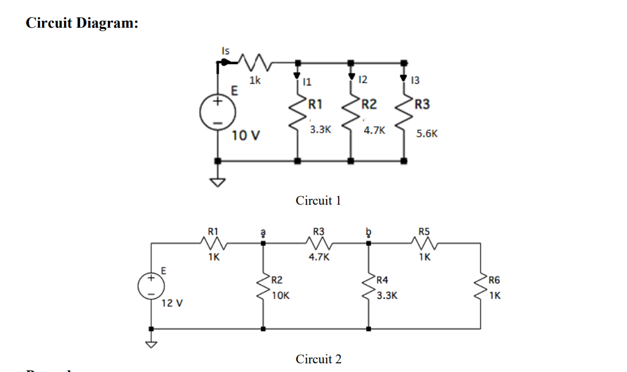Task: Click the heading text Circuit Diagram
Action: pyautogui.click(x=82, y=23)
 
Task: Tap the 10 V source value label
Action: pyautogui.click(x=246, y=136)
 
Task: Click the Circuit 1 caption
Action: pyautogui.click(x=318, y=201)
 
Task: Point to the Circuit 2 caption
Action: pyautogui.click(x=318, y=359)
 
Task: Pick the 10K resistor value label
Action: pyautogui.click(x=280, y=295)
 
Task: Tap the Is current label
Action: pyautogui.click(x=226, y=51)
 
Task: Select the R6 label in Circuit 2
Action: pyautogui.click(x=494, y=281)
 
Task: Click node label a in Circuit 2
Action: pyautogui.click(x=264, y=231)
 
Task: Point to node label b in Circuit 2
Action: pyautogui.click(x=368, y=231)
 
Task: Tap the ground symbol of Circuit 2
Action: pyautogui.click(x=151, y=345)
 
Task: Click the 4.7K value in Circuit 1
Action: pyautogui.click(x=373, y=130)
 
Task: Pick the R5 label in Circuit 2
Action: pyautogui.click(x=424, y=232)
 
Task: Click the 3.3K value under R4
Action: pyautogui.click(x=387, y=295)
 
